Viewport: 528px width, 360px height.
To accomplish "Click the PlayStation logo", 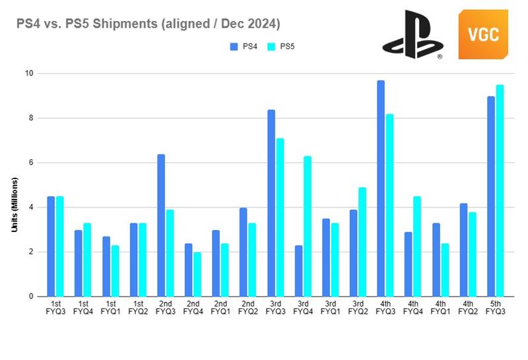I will [x=412, y=35].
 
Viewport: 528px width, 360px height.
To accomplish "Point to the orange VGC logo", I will [x=484, y=35].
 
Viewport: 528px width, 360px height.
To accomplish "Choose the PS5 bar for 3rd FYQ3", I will [x=280, y=217].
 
